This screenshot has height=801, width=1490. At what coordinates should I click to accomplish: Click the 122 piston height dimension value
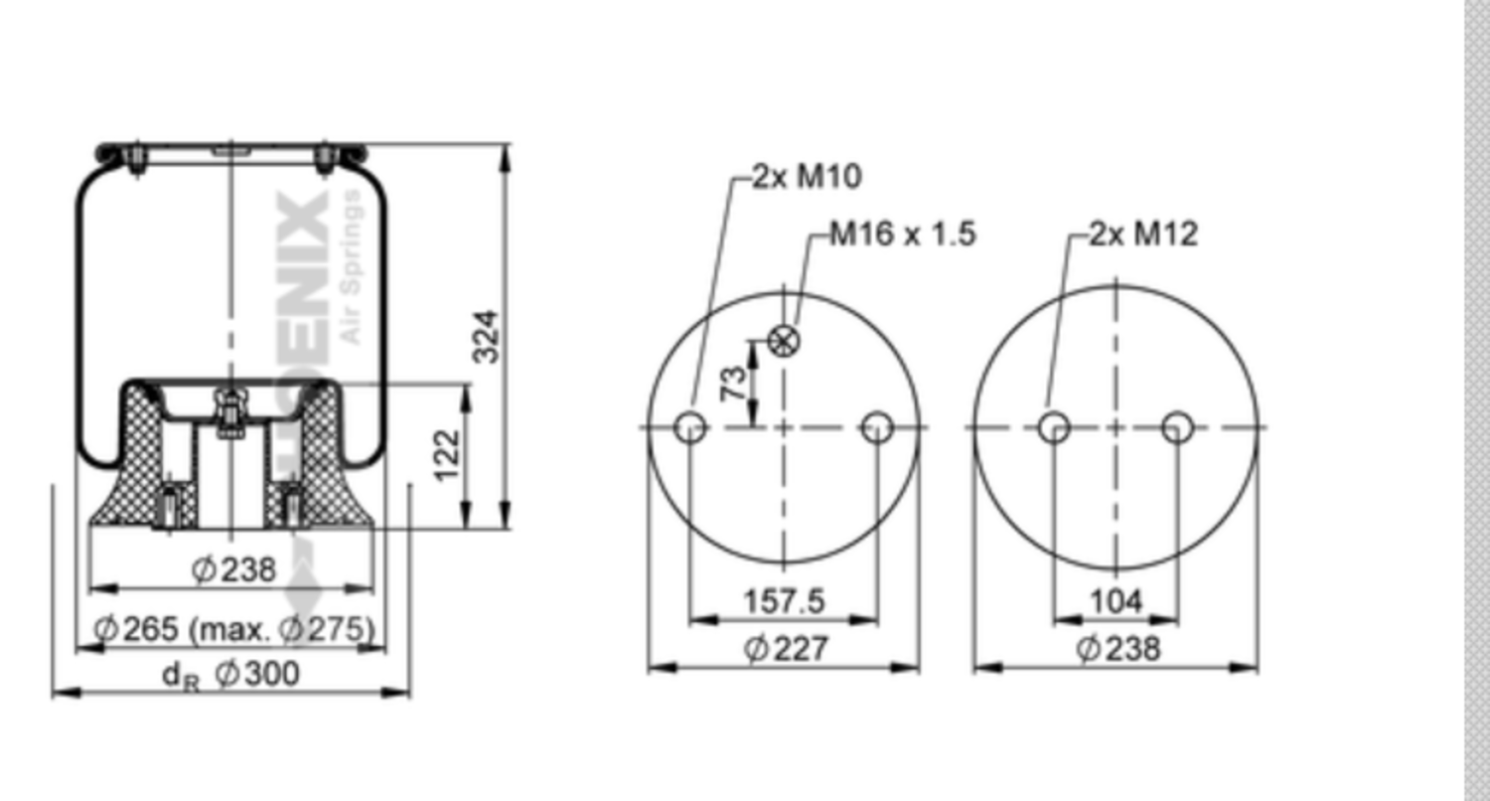(x=448, y=454)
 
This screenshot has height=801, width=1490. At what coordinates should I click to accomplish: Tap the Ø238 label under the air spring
(x=233, y=569)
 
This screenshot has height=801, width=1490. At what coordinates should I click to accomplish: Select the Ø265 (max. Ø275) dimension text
(x=234, y=628)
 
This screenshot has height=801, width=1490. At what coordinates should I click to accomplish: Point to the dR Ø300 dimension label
(x=230, y=674)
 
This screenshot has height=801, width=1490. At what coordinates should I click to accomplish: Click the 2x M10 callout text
(x=806, y=176)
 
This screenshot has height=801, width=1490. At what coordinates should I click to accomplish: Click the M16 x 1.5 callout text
(x=903, y=234)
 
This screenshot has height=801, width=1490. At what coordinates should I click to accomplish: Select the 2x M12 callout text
(x=1143, y=234)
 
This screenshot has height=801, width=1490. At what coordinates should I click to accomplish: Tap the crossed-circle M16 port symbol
(x=785, y=342)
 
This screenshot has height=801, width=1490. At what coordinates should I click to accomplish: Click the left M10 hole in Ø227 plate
(x=690, y=428)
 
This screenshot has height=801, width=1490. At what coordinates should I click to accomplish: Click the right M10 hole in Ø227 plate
(x=877, y=428)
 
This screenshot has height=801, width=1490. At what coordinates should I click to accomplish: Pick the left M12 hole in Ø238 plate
(x=1054, y=428)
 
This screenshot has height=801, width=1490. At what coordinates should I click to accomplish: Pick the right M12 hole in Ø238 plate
(x=1177, y=428)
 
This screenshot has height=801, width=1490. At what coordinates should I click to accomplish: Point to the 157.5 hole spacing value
(x=784, y=601)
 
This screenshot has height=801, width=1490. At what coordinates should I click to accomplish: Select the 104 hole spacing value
(x=1116, y=601)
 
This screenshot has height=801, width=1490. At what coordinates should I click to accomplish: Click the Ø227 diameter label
(x=786, y=648)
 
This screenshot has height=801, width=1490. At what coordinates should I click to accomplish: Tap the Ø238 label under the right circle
(x=1117, y=648)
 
